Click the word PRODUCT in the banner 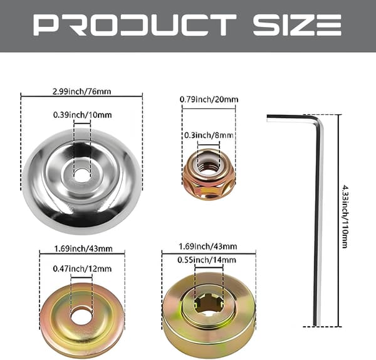[x=135, y=24]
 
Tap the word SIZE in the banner [x=297, y=24]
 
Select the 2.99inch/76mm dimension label [x=81, y=92]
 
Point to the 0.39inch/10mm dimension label [x=83, y=115]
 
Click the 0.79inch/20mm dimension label [x=209, y=99]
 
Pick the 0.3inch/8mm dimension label [x=209, y=135]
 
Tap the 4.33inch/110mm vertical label [x=345, y=216]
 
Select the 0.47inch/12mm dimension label [x=82, y=268]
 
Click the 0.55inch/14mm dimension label [x=207, y=260]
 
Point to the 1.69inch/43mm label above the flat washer [x=83, y=248]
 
